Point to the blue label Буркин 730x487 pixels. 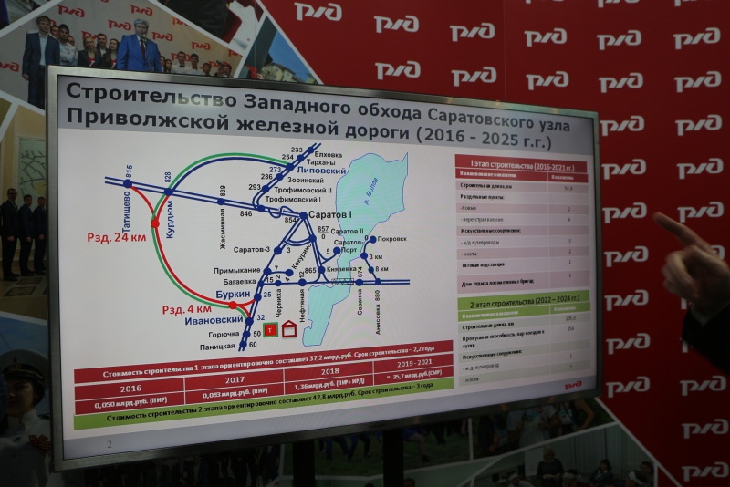click(x=231, y=295)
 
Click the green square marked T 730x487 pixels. click(x=270, y=329)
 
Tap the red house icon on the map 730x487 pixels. click(x=289, y=329)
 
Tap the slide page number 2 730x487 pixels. click(x=109, y=443)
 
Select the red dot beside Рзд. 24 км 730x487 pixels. click(x=155, y=222)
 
